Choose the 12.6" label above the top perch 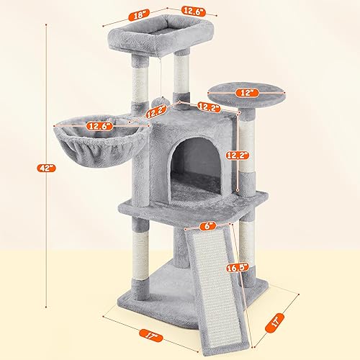pos(173,10)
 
